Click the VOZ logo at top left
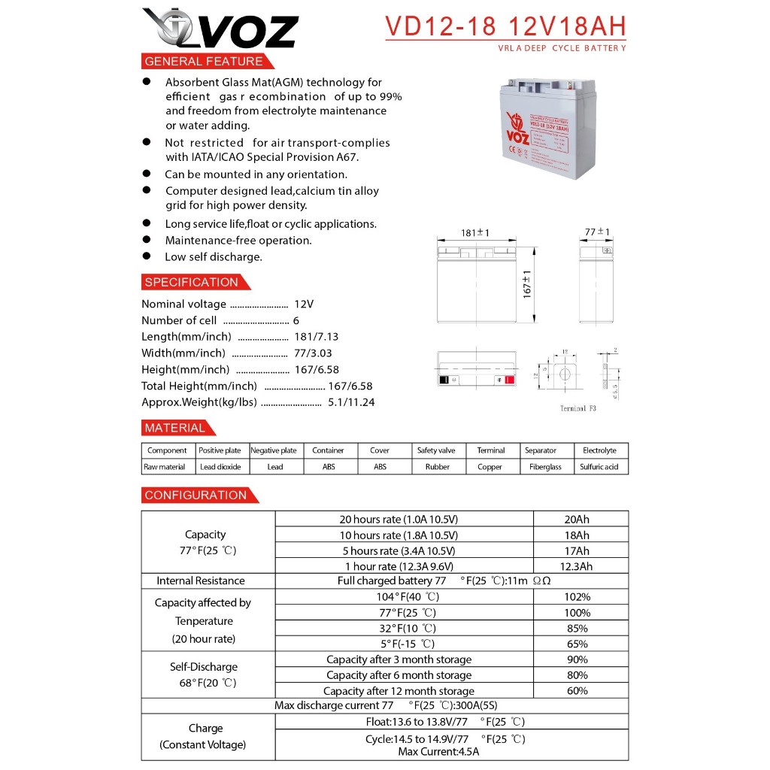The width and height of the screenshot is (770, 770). pyautogui.click(x=220, y=30)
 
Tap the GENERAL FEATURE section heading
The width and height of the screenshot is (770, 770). pyautogui.click(x=204, y=62)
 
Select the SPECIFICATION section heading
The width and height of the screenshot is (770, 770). pyautogui.click(x=191, y=283)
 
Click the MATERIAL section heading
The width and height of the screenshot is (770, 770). pyautogui.click(x=174, y=428)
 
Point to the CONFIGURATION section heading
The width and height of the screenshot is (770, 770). pyautogui.click(x=196, y=495)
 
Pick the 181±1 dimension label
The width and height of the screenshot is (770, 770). pyautogui.click(x=474, y=233)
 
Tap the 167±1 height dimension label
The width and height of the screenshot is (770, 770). pyautogui.click(x=527, y=283)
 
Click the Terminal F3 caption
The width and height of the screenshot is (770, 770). pyautogui.click(x=577, y=408)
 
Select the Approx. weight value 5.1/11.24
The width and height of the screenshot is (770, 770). pyautogui.click(x=351, y=402)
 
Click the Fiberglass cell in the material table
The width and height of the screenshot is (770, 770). pyautogui.click(x=545, y=467)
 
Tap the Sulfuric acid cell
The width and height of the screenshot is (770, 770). pyautogui.click(x=599, y=467)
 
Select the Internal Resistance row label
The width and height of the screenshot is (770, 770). pyautogui.click(x=201, y=581)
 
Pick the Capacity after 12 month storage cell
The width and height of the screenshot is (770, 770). pyautogui.click(x=399, y=691)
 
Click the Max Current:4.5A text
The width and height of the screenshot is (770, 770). pyautogui.click(x=438, y=751)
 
